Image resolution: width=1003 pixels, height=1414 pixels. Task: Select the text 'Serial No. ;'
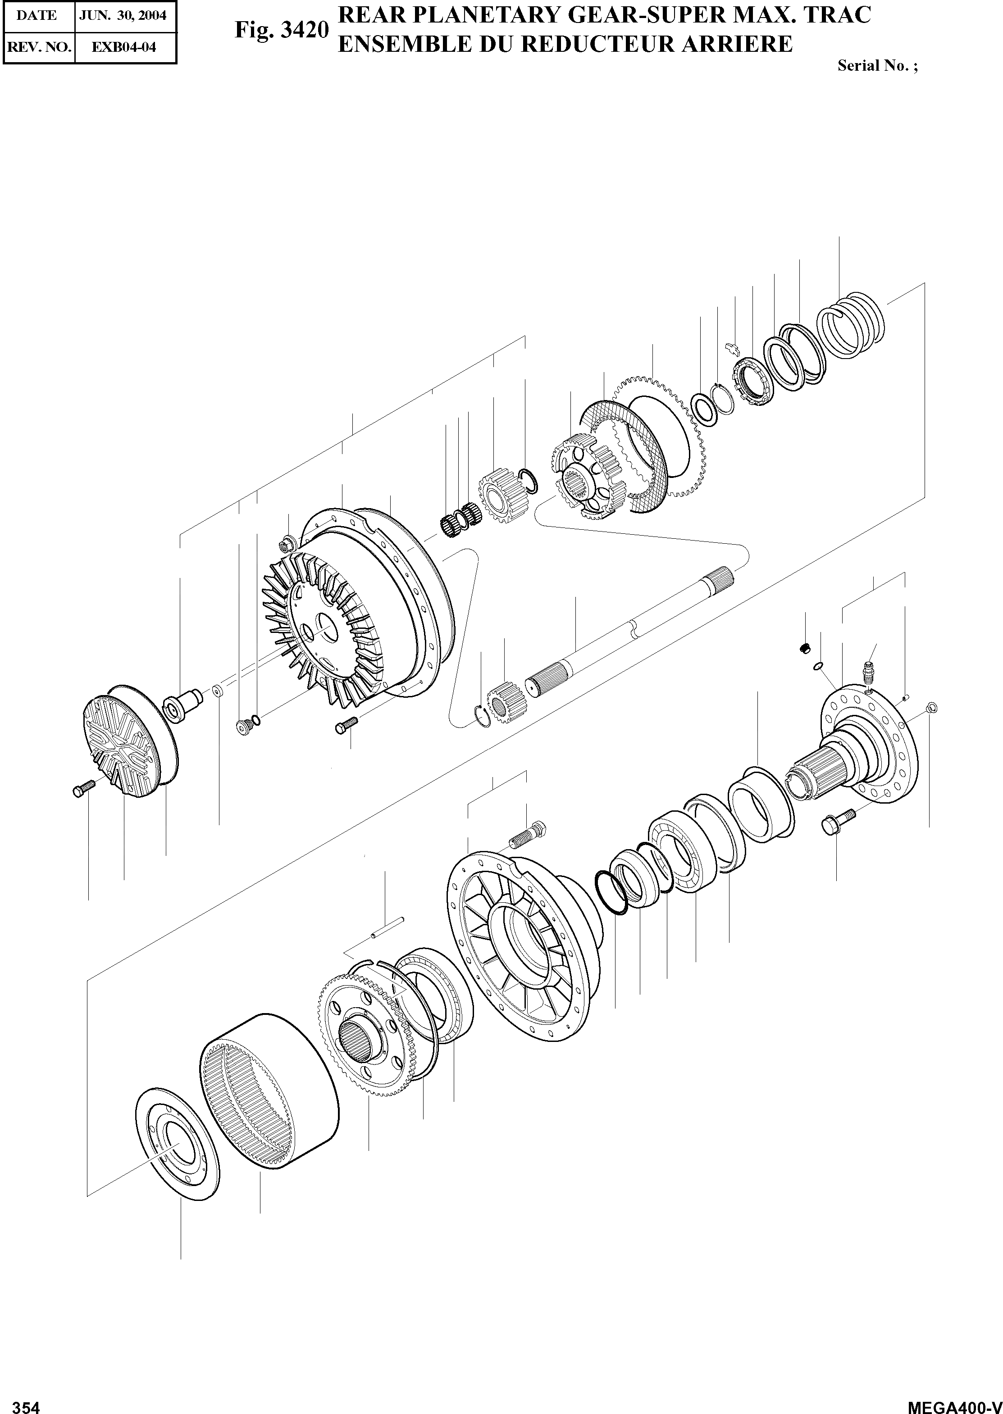coord(877,65)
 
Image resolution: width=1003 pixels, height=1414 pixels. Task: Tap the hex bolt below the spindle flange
coord(838,822)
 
